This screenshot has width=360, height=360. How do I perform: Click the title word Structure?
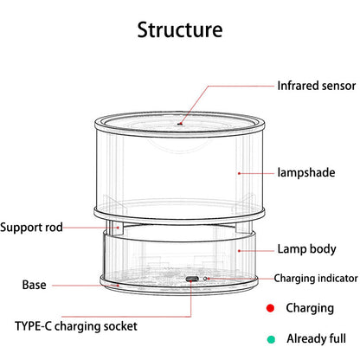pos(180,29)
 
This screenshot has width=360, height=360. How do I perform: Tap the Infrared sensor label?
pos(317,86)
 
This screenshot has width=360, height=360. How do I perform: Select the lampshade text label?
pos(306,172)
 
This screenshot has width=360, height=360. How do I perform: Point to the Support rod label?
pos(31,227)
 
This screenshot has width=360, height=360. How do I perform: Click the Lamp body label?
pos(306,249)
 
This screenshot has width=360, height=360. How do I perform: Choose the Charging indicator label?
pos(316,278)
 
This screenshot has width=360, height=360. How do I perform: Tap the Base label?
pos(34,285)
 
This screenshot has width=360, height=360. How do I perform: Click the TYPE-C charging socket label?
pos(76,326)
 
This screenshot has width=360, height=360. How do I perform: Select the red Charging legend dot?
pos(270,308)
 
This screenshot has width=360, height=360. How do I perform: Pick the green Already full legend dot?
pos(271,339)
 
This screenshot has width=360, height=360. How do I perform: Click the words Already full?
pos(316,338)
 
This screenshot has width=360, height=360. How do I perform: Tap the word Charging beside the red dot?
pos(310,308)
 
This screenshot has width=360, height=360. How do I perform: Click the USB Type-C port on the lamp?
pos(191,279)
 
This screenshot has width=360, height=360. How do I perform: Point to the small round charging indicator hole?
pos(205,279)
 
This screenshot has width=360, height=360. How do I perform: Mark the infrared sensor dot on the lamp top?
pos(180,124)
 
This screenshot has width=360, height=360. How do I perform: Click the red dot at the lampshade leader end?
pos(239,173)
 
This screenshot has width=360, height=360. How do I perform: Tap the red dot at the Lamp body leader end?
pos(239,251)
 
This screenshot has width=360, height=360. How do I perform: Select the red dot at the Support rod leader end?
pos(118,228)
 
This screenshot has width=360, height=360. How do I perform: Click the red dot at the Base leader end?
pos(118,286)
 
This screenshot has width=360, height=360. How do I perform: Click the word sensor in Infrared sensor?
pos(338,87)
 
